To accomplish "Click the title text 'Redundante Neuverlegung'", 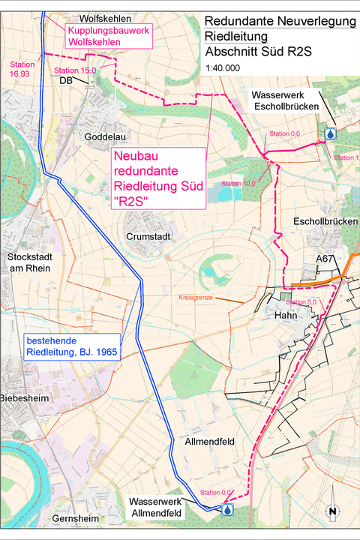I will (x=280, y=21).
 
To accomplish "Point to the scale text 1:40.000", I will (x=223, y=67).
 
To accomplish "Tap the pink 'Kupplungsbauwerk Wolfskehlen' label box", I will (x=109, y=36).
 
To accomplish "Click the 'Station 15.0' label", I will (x=75, y=70).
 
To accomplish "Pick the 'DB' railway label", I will (x=65, y=80).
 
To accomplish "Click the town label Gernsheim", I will (x=76, y=518).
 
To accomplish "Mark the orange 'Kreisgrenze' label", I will (x=197, y=298).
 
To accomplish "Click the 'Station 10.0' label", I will (x=238, y=184).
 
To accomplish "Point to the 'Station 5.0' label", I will (x=303, y=301).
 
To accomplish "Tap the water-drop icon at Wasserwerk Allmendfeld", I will (x=226, y=509).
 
